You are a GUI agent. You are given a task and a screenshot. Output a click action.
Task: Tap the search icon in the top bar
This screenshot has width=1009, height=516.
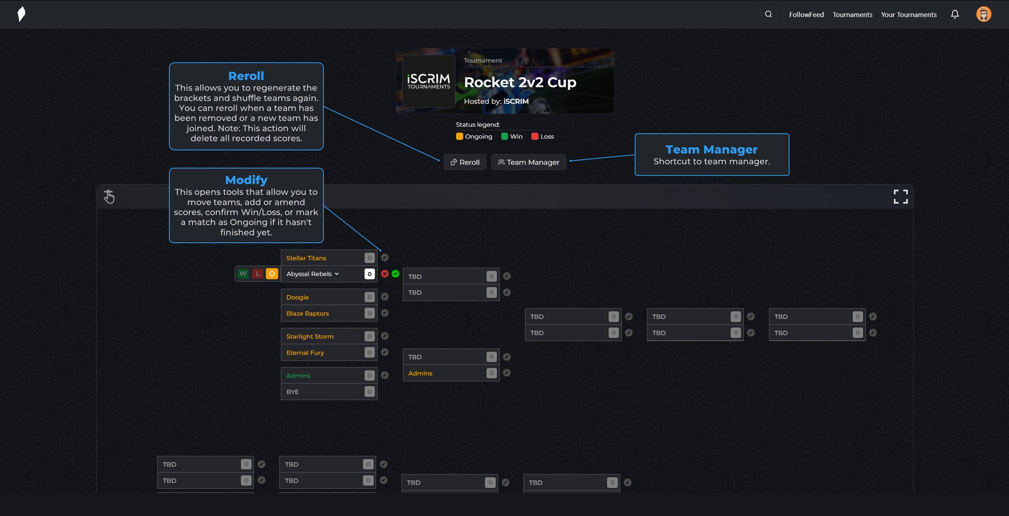click(768, 14)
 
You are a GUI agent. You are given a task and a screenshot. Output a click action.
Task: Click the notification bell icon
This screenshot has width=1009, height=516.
click(955, 14)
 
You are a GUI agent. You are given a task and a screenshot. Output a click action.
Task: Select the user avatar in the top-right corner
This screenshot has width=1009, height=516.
click(983, 14)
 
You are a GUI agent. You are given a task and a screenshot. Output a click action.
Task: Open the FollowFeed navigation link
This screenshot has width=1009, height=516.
click(806, 14)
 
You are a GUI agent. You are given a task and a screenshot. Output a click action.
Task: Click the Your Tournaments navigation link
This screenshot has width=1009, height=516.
click(909, 14)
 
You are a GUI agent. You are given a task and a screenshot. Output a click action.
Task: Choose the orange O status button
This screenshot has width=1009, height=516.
click(272, 273)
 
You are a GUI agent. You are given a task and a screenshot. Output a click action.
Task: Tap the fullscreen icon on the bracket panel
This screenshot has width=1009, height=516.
click(900, 197)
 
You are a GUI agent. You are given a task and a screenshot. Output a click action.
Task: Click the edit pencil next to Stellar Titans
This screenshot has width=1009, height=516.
click(385, 257)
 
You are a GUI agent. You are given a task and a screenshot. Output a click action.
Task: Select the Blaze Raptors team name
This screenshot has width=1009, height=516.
click(308, 313)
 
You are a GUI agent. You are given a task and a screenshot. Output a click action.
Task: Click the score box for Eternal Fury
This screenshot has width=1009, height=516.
click(369, 352)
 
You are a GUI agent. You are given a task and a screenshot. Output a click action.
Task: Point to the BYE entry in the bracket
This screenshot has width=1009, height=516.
click(293, 392)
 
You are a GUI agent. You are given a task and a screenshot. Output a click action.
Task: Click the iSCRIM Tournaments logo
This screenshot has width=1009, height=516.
click(428, 81)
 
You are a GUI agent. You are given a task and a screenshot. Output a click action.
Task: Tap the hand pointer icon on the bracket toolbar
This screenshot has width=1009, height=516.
click(109, 196)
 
